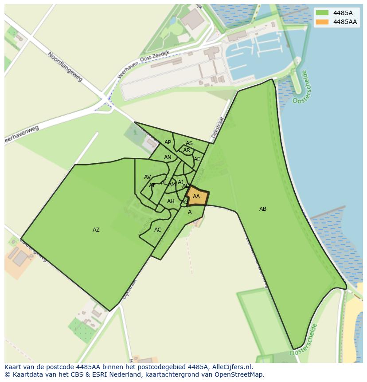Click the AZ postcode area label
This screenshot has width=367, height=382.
(96, 230)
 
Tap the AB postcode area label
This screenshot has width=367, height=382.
(263, 209)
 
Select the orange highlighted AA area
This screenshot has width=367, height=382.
(196, 197)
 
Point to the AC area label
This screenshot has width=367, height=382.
(158, 230)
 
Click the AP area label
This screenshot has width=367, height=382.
(168, 142)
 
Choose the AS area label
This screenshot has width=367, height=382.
(189, 143)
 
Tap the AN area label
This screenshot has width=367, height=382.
(168, 158)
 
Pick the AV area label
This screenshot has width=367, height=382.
(148, 177)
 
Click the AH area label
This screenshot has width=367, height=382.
(171, 201)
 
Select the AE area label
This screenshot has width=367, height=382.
(197, 159)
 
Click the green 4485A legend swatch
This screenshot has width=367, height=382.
(322, 13)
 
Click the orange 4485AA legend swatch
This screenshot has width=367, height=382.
(322, 22)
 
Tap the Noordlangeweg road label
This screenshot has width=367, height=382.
(65, 67)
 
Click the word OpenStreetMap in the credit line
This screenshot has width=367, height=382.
(238, 374)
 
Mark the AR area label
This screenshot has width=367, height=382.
(187, 150)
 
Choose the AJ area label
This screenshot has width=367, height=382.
(180, 182)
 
